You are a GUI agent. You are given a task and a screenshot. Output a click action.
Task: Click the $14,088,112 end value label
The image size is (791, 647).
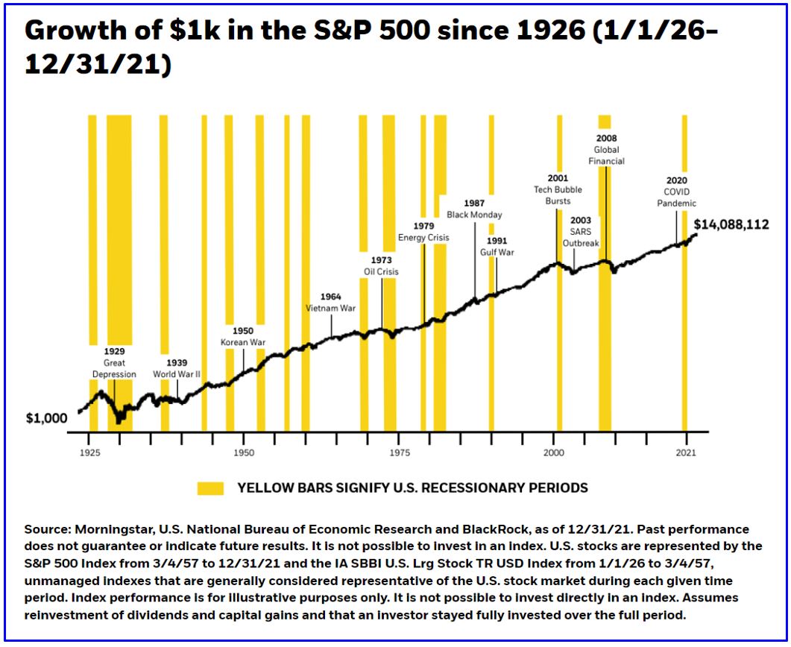[x=731, y=224]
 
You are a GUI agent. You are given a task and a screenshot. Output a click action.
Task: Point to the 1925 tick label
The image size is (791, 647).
[x=89, y=452]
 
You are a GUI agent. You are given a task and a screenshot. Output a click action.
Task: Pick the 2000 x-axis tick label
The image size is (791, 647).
[x=553, y=452]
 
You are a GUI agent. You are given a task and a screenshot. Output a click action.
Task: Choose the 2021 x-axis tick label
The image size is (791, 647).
[x=686, y=452]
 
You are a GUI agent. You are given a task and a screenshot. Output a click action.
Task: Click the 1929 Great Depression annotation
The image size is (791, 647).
[x=114, y=362]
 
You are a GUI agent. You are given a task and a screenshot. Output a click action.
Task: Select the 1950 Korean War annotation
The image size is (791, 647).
[x=243, y=336]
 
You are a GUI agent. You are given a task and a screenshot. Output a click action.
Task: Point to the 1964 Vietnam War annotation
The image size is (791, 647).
[x=331, y=303]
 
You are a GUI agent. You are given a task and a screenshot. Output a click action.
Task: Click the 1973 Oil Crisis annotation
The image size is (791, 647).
[x=381, y=266]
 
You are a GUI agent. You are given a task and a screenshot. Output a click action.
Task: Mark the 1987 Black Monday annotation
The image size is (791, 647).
[x=474, y=209]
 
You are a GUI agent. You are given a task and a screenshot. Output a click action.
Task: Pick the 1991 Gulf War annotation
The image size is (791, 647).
[x=497, y=247]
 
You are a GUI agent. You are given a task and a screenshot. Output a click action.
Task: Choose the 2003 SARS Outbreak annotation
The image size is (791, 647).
[x=580, y=226]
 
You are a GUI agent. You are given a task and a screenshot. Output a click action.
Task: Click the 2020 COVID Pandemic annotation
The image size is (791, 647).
[x=677, y=192]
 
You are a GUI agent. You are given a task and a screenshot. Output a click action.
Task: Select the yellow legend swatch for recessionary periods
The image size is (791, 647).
[x=210, y=488]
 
